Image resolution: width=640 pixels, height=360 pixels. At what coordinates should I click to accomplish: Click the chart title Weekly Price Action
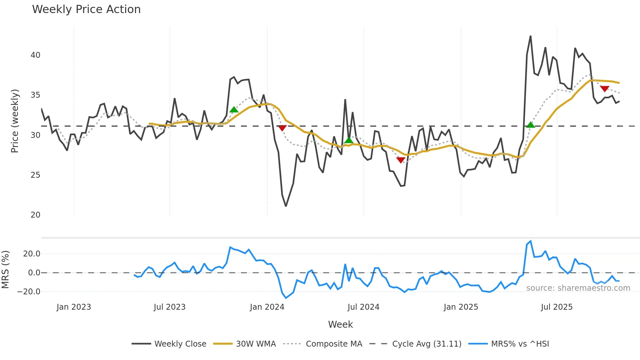(x=86, y=9)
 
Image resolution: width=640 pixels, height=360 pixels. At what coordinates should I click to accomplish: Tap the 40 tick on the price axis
(x=35, y=55)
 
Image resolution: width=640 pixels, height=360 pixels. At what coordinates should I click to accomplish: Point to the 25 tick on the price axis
(x=35, y=175)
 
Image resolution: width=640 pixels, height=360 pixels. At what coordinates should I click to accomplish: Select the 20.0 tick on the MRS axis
(x=32, y=254)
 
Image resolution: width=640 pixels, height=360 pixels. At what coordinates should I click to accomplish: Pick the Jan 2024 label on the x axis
(x=267, y=307)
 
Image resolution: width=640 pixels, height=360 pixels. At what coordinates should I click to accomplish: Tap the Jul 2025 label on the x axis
(x=556, y=307)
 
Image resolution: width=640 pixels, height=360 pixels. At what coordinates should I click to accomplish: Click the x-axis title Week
(x=340, y=324)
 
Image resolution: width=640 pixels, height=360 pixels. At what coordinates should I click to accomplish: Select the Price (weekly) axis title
(x=15, y=121)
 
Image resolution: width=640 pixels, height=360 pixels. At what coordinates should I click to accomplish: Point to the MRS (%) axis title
(x=5, y=270)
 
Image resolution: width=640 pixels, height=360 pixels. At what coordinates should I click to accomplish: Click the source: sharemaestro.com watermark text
(x=578, y=288)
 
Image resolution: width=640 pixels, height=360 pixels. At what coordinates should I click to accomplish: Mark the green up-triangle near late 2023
(x=234, y=110)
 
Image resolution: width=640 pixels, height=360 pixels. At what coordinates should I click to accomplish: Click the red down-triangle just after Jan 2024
(x=282, y=128)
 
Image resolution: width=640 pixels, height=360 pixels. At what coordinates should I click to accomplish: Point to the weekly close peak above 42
(x=530, y=36)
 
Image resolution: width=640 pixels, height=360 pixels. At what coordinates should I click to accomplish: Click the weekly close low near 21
(x=286, y=206)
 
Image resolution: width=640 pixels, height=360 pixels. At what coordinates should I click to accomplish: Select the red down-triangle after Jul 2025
(x=604, y=89)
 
